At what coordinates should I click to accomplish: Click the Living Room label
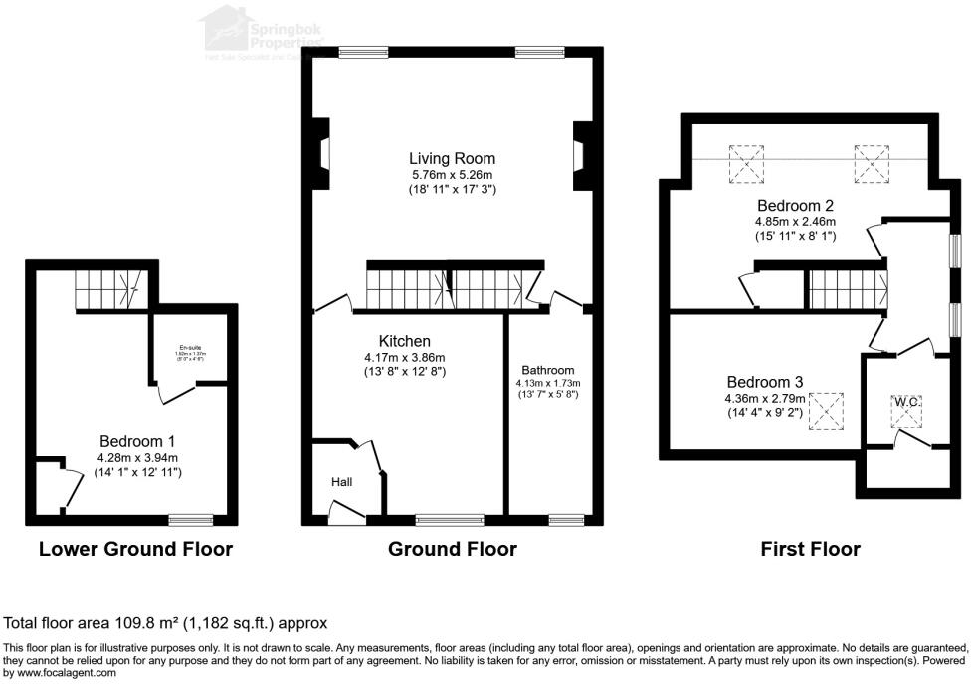(x=452, y=158)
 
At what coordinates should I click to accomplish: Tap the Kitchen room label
(x=404, y=341)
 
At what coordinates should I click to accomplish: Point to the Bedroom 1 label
(x=137, y=440)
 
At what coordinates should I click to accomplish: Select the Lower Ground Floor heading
(x=135, y=549)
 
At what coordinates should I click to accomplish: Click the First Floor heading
(x=810, y=549)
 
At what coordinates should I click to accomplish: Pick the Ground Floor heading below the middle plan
(x=452, y=549)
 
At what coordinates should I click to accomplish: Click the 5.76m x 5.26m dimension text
(x=452, y=174)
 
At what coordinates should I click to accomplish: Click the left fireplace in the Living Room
(x=322, y=153)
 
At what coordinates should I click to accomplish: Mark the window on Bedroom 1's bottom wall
(x=190, y=519)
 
